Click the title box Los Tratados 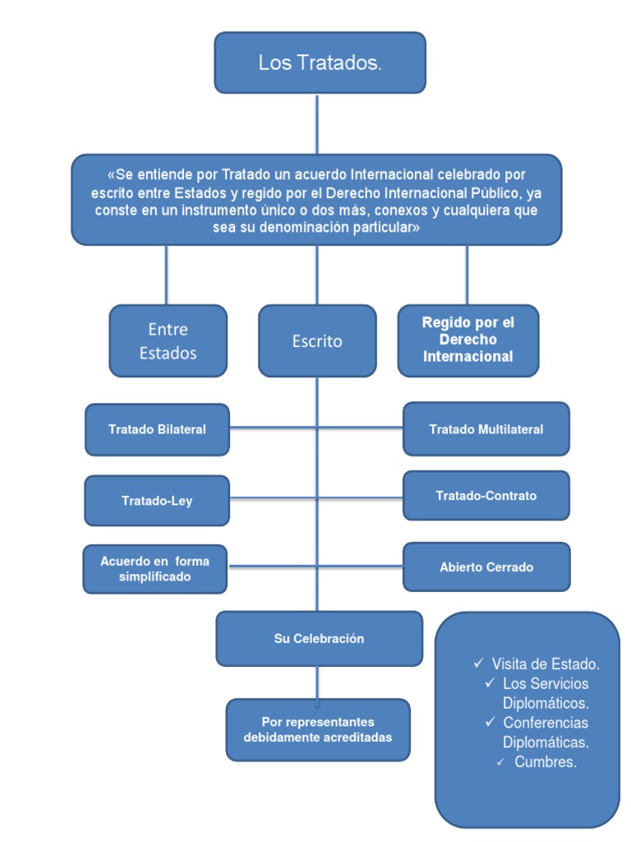point(320,62)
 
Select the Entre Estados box point(168,340)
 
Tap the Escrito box point(317,340)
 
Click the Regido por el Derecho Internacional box point(467,340)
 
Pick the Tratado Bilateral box point(157,429)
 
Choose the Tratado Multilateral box point(486,429)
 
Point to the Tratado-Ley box point(157,500)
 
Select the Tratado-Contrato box point(486,496)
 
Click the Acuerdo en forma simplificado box point(154,569)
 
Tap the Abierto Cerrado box point(486,567)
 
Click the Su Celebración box point(319,638)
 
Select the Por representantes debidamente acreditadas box point(317,729)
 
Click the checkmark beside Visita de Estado point(478,663)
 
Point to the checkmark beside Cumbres point(501,762)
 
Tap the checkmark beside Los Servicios point(490,682)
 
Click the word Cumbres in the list point(546,762)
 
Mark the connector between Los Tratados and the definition point(317,123)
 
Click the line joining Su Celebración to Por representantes point(317,682)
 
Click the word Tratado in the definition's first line point(244,174)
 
